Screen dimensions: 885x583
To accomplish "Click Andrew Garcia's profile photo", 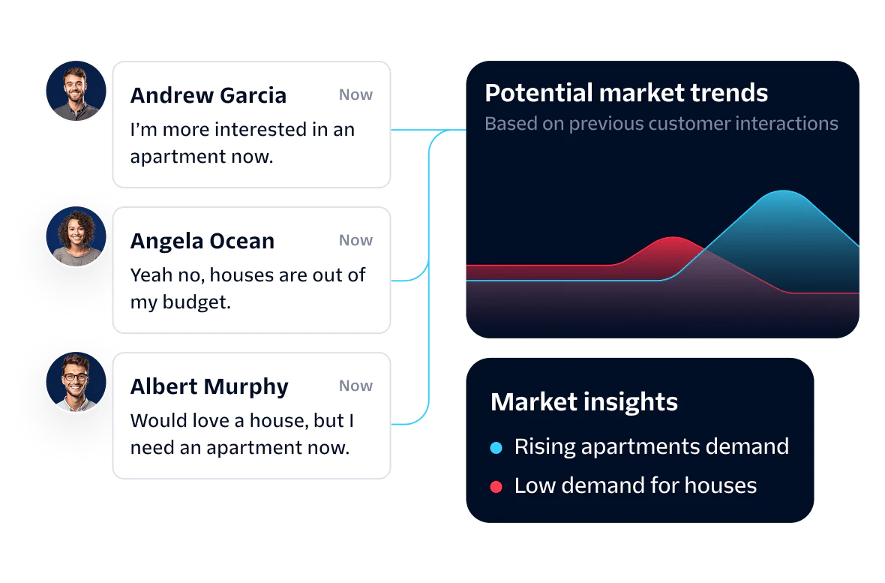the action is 76,91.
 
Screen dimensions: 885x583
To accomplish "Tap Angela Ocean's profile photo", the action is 76,236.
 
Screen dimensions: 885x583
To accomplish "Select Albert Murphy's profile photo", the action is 76,382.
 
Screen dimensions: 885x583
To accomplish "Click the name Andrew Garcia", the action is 208,95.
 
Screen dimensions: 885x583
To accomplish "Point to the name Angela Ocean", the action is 202,241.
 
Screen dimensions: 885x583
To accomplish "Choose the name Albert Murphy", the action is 209,387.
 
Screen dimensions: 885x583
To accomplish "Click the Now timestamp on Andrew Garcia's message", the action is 355,95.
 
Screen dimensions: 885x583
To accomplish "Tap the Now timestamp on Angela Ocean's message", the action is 355,241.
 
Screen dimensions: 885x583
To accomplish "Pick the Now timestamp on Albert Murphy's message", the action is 355,386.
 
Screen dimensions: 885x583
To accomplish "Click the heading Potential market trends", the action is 626,92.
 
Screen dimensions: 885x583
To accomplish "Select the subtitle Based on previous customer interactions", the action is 661,124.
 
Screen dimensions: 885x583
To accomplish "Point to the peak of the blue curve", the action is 784,191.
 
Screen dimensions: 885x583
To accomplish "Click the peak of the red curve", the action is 673,237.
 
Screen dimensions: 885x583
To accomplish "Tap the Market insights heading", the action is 584,401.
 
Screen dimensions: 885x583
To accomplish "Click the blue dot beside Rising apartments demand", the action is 496,448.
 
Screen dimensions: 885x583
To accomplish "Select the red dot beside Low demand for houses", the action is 496,487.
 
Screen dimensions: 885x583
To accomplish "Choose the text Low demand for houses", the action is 635,486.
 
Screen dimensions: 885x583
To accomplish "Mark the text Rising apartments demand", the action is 651,447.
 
